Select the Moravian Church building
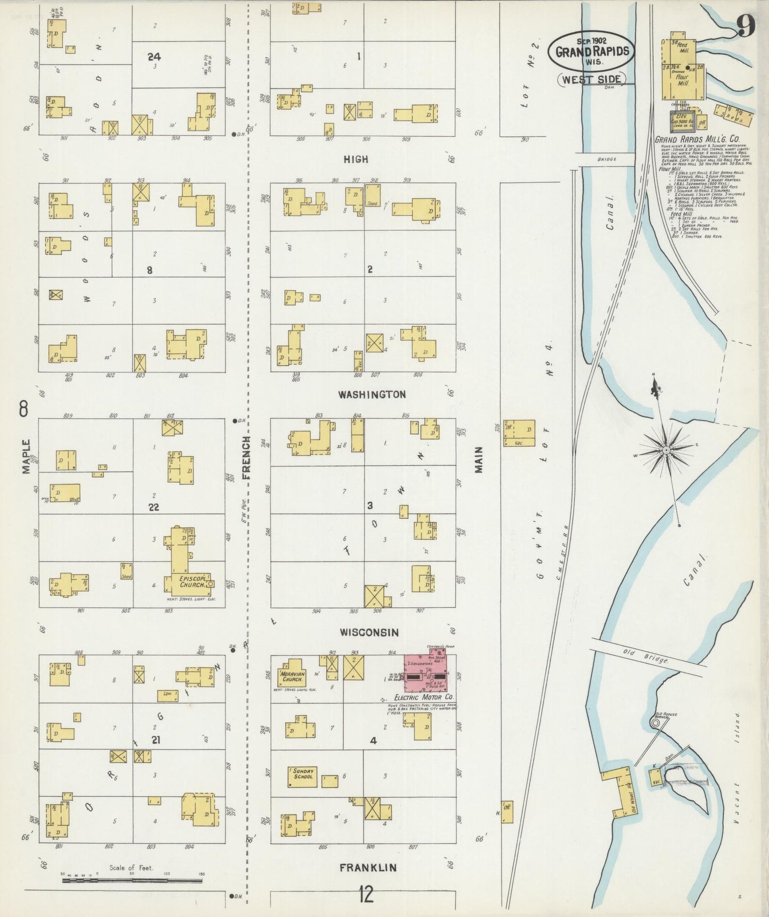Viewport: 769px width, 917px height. pos(292,676)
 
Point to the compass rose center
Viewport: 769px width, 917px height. pos(666,451)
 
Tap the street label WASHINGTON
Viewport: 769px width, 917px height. pos(372,394)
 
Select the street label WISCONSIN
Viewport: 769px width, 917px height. pos(369,632)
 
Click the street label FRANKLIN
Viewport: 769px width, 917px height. pos(368,868)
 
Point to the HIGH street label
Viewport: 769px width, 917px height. pos(355,159)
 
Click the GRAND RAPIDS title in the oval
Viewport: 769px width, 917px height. pos(592,52)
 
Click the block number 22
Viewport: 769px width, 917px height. pos(154,507)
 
